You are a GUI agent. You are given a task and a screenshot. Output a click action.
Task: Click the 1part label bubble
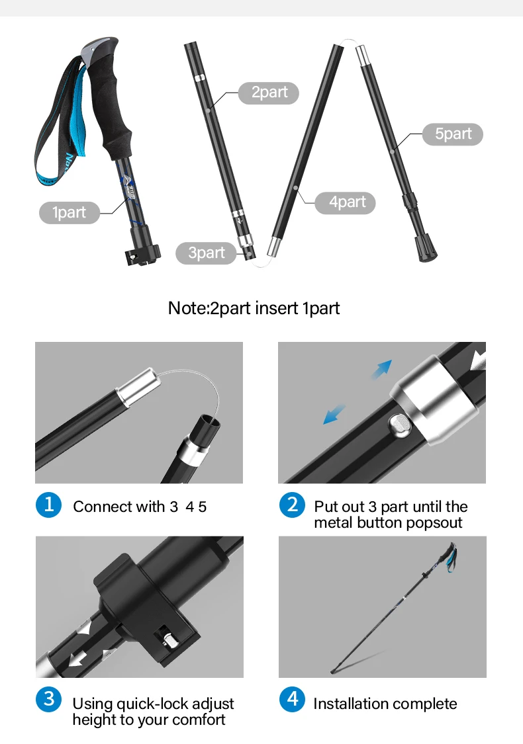pyautogui.click(x=70, y=212)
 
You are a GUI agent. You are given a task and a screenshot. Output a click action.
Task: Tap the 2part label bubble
pyautogui.click(x=269, y=92)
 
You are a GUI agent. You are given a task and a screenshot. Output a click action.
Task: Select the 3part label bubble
pyautogui.click(x=206, y=253)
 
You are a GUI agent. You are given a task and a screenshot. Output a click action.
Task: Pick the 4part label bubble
pyautogui.click(x=346, y=202)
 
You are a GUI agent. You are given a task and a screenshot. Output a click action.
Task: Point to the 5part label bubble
pyautogui.click(x=453, y=134)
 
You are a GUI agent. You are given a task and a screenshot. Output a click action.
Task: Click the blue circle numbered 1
pyautogui.click(x=48, y=505)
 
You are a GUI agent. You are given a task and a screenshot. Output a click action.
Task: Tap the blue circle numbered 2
pyautogui.click(x=292, y=505)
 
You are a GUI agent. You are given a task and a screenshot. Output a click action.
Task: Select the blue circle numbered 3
pyautogui.click(x=48, y=699)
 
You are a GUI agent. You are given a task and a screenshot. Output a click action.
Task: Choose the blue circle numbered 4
pyautogui.click(x=292, y=699)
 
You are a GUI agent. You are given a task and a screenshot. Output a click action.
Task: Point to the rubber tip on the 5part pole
pyautogui.click(x=426, y=248)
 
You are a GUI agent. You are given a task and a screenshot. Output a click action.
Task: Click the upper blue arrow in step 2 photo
pyautogui.click(x=382, y=369)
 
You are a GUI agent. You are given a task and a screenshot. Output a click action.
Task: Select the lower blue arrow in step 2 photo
pyautogui.click(x=334, y=414)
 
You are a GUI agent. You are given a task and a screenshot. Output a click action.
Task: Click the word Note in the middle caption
pyautogui.click(x=187, y=308)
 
